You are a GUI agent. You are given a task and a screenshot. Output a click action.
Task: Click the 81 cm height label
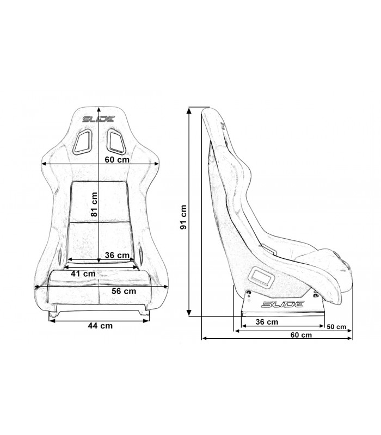(95, 204)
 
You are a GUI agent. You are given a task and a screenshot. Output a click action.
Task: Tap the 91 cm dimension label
(183, 217)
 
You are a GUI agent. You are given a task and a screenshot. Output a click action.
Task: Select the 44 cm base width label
(100, 325)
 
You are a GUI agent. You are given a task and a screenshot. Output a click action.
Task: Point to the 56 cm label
(124, 291)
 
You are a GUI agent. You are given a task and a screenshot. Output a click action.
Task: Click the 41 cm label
(83, 274)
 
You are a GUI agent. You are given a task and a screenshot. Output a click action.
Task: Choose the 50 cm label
(336, 327)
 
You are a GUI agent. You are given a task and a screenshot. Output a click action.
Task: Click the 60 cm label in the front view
(117, 160)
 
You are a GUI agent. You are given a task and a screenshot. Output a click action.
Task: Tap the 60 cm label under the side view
(301, 335)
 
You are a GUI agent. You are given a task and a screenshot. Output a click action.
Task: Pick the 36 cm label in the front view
(117, 255)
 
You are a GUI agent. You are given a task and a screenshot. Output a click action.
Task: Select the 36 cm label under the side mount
(267, 322)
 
